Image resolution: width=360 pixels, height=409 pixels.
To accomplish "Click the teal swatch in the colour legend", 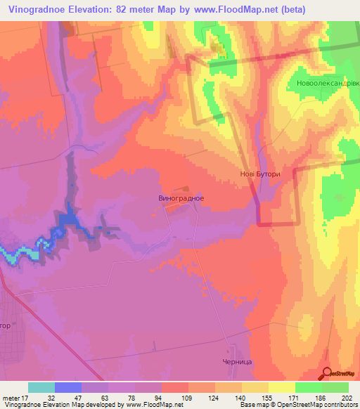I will click(41, 387).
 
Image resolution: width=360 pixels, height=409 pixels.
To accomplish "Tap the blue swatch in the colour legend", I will click(68, 387).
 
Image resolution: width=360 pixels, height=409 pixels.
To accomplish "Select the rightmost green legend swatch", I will click(335, 387).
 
